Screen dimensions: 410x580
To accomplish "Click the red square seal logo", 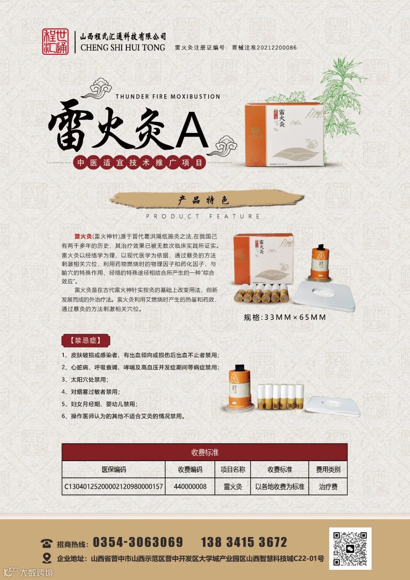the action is (x=55, y=41).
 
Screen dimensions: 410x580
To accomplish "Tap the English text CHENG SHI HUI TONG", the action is (x=123, y=47).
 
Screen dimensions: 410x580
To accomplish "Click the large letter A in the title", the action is (x=192, y=131).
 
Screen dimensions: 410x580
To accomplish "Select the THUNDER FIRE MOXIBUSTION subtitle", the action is (x=168, y=96).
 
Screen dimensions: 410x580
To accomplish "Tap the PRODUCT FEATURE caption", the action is (x=203, y=217).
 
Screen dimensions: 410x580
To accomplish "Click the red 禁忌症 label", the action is (x=86, y=340).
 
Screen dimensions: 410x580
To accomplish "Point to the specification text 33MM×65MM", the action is (x=295, y=318).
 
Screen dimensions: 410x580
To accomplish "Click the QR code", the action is (x=350, y=548).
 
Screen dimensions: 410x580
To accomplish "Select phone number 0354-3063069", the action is (x=138, y=542).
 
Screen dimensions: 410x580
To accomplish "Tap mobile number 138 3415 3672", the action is (x=244, y=542).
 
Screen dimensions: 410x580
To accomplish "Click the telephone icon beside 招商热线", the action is (x=47, y=544).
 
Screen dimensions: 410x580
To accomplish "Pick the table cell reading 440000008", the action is (x=190, y=487).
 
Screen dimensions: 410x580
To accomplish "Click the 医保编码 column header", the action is (x=114, y=469).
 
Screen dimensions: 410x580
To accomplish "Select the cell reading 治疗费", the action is (x=328, y=487).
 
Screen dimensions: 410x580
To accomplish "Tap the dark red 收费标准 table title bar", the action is (x=205, y=452).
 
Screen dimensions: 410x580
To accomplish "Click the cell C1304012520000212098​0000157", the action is (x=114, y=487).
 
